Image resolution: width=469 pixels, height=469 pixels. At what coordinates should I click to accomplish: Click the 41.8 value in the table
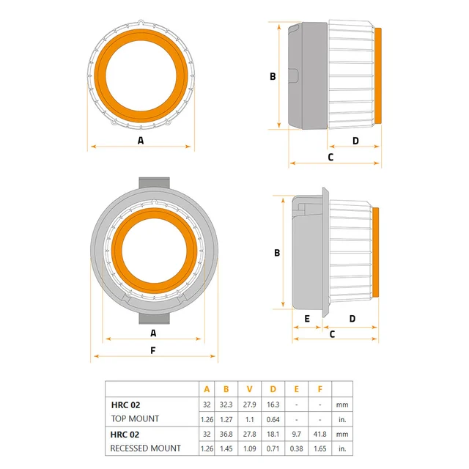click(x=320, y=434)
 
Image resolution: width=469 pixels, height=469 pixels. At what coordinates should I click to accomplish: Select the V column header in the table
click(x=250, y=390)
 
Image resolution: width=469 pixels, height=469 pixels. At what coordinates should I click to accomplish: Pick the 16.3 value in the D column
click(x=273, y=405)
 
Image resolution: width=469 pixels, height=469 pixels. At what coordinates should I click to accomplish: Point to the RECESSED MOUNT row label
click(x=145, y=448)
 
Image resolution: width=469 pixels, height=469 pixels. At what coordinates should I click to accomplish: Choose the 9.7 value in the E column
click(x=296, y=434)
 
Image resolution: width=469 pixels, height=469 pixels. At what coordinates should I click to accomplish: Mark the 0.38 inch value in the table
click(x=296, y=448)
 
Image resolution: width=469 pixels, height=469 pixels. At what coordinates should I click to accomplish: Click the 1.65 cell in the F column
click(x=320, y=448)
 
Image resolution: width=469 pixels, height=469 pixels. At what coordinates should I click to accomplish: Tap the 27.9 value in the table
click(x=250, y=405)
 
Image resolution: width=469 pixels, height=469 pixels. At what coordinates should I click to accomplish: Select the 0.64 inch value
click(x=273, y=419)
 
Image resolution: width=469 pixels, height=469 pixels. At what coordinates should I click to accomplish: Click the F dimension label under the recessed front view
click(x=152, y=350)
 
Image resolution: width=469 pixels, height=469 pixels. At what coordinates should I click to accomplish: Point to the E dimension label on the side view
click(x=307, y=319)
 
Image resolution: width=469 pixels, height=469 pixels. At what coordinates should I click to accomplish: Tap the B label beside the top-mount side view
click(x=272, y=75)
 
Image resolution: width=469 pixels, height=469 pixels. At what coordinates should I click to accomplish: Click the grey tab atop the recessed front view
click(x=153, y=182)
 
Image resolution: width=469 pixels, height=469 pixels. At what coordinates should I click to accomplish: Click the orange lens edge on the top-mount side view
click(x=378, y=75)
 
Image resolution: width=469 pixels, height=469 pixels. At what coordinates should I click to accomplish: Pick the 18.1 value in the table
click(x=273, y=434)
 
